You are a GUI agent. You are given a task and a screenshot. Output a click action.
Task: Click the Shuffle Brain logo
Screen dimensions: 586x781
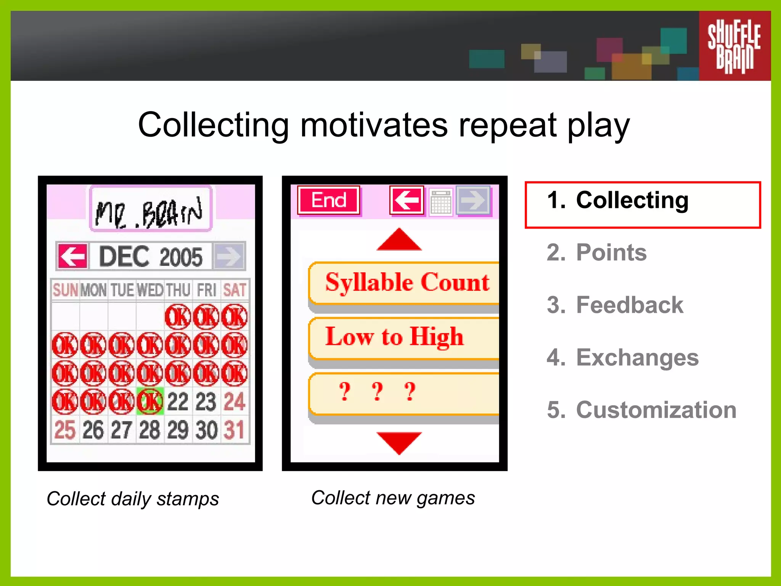[734, 46]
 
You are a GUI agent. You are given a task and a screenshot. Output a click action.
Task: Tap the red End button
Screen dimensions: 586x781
[329, 200]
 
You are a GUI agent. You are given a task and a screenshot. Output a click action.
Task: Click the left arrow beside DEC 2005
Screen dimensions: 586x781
[72, 256]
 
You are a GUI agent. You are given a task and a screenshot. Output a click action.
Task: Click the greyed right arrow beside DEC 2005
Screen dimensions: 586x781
[229, 256]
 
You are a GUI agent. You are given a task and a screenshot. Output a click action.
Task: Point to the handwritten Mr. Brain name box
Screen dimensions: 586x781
[150, 209]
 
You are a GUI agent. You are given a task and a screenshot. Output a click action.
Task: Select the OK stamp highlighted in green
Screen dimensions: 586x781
[150, 401]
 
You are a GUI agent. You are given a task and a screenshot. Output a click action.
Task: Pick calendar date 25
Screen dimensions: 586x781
[65, 430]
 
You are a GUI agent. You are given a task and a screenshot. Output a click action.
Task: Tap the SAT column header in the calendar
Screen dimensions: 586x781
[235, 290]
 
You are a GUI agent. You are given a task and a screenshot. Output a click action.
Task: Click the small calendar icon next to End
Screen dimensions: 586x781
[441, 201]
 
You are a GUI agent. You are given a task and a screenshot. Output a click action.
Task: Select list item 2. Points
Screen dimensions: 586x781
[597, 253]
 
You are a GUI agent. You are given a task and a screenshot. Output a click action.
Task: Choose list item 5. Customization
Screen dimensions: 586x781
[641, 410]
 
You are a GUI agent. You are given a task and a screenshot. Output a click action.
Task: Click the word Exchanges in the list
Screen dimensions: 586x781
[637, 358]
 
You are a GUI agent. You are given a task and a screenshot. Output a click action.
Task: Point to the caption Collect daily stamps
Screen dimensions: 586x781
[133, 499]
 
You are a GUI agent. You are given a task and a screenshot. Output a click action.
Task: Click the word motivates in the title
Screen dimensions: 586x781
[374, 125]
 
